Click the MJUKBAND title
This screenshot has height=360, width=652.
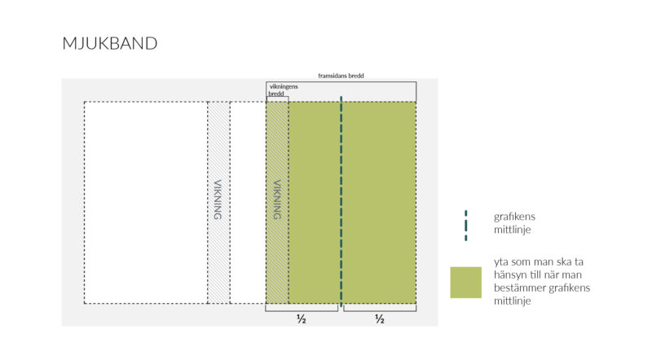pyautogui.click(x=110, y=43)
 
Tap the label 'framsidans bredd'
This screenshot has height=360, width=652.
pyautogui.click(x=341, y=76)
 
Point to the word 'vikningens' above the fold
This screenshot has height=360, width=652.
pyautogui.click(x=284, y=86)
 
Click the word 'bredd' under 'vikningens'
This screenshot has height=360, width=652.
pyautogui.click(x=276, y=94)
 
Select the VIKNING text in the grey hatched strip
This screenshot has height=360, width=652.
pyautogui.click(x=218, y=200)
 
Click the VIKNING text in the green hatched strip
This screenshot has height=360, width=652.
pyautogui.click(x=277, y=200)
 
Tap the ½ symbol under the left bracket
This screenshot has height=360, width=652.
pyautogui.click(x=302, y=318)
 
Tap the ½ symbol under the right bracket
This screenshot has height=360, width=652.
pyautogui.click(x=380, y=318)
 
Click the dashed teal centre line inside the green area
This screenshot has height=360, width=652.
pyautogui.click(x=341, y=202)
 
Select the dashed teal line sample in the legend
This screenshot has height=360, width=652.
pyautogui.click(x=465, y=226)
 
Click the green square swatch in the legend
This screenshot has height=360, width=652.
pyautogui.click(x=465, y=283)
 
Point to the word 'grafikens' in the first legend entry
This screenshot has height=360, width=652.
pyautogui.click(x=514, y=217)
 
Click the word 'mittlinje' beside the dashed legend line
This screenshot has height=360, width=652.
pyautogui.click(x=513, y=230)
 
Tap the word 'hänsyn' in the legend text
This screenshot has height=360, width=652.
pyautogui.click(x=508, y=274)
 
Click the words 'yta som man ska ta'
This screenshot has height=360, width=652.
pyautogui.click(x=539, y=261)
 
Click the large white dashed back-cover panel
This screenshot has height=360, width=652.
pyautogui.click(x=146, y=203)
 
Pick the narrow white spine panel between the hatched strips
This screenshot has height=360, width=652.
pyautogui.click(x=248, y=203)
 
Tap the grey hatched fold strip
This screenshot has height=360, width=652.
pyautogui.click(x=218, y=203)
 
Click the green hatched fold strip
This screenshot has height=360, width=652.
pyautogui.click(x=277, y=203)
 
